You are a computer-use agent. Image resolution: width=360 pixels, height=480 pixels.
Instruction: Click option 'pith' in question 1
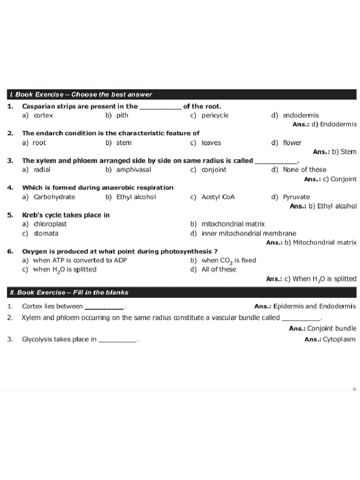[x=122, y=115]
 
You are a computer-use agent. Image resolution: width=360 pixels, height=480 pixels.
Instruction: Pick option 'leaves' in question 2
[x=211, y=142]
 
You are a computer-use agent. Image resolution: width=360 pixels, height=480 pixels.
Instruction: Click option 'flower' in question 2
[x=292, y=142]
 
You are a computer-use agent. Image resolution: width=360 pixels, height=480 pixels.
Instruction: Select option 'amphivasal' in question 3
[x=134, y=170]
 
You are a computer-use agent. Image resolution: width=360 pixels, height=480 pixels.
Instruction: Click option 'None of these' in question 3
[x=305, y=170]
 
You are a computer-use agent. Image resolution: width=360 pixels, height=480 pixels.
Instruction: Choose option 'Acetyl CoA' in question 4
[x=218, y=197]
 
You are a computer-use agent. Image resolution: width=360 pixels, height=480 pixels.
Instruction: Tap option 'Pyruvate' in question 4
[x=296, y=197]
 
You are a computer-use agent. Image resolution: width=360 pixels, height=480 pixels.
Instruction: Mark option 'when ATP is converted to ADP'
[x=80, y=260]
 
